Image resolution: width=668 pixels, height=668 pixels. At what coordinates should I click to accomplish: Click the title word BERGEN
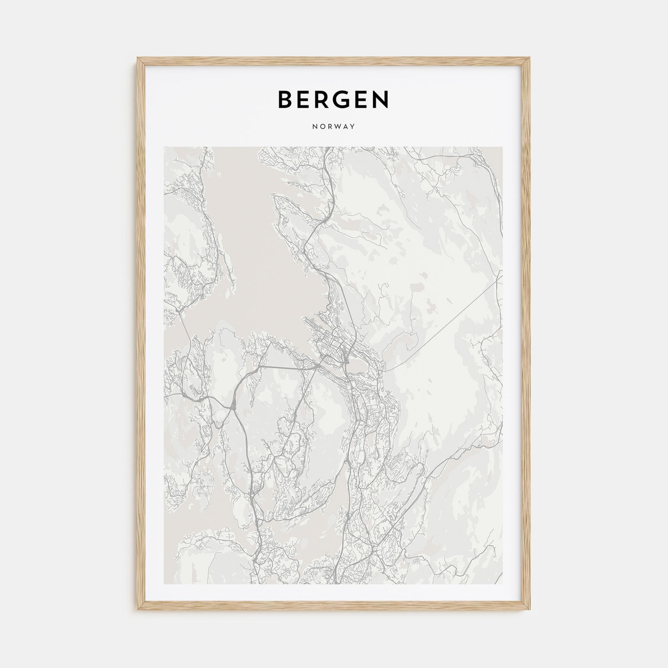tap(334, 99)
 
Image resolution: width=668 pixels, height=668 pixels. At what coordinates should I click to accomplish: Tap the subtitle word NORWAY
tap(334, 127)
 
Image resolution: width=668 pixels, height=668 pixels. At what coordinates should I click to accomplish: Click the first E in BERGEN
tap(305, 99)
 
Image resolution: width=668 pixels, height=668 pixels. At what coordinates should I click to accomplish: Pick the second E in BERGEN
tap(362, 99)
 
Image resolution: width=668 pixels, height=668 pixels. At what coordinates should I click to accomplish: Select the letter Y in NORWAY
tap(353, 127)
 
